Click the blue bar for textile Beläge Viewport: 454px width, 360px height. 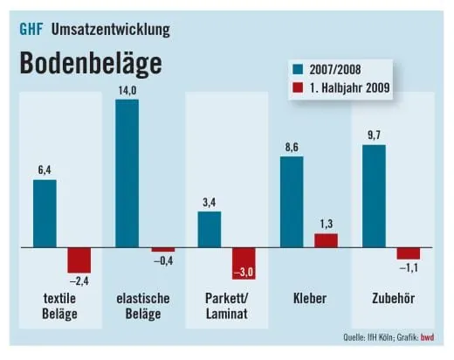click(x=45, y=214)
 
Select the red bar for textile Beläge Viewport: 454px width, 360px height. click(x=79, y=260)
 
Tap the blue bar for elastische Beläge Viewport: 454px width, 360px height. click(x=127, y=174)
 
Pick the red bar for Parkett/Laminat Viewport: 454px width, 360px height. click(x=243, y=264)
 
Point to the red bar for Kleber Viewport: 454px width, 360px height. click(x=326, y=241)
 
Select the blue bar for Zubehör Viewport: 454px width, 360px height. click(x=374, y=197)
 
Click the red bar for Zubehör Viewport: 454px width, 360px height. click(x=408, y=253)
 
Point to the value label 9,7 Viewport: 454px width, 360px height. click(x=374, y=135)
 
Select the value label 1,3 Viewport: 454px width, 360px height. click(x=326, y=224)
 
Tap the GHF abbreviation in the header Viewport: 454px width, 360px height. click(x=31, y=28)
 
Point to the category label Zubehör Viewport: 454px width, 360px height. click(x=390, y=299)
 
